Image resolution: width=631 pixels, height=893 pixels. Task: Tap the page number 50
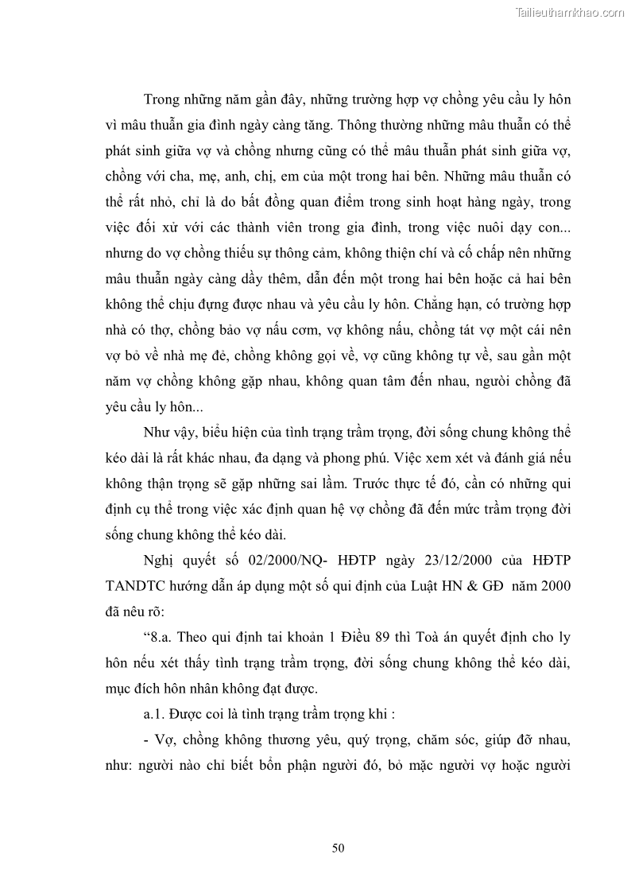(x=338, y=848)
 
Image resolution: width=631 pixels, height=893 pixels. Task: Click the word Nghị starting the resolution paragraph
(x=159, y=560)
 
